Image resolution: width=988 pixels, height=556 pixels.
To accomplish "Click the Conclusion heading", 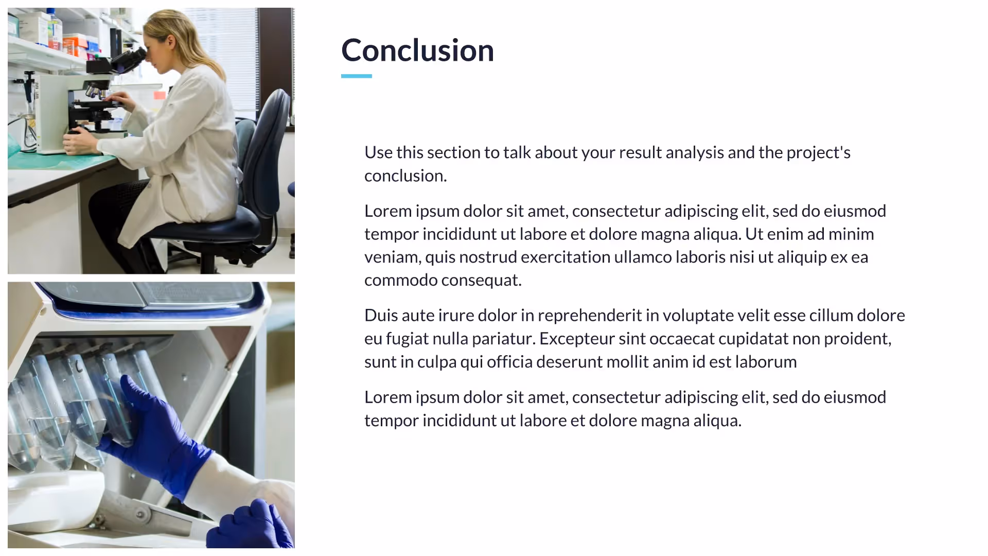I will [x=417, y=50].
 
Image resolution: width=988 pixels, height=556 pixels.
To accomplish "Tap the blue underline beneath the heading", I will [x=356, y=76].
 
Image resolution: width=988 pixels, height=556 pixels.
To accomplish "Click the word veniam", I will [x=392, y=257].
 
